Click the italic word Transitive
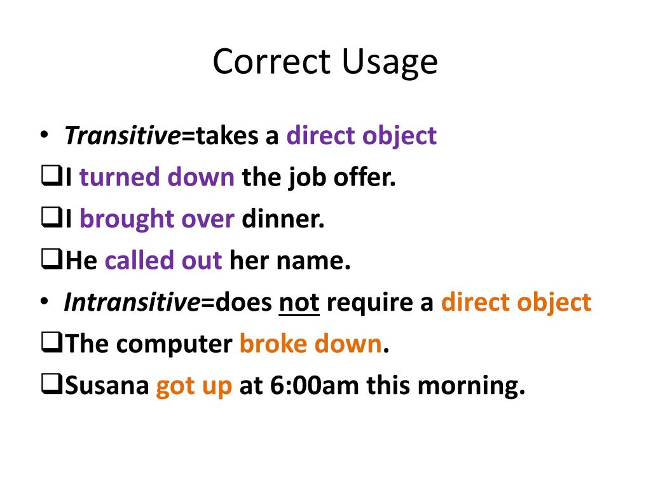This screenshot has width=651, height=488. [122, 136]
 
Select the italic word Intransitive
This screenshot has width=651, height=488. [132, 302]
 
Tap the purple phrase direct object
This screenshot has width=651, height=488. [361, 136]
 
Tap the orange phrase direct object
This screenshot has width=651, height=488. [516, 302]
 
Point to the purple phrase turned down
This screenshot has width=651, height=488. [157, 177]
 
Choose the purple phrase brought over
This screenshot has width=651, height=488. [157, 219]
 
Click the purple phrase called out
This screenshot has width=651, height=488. [163, 261]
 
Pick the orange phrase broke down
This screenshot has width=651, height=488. [310, 344]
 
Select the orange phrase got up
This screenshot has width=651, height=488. [194, 386]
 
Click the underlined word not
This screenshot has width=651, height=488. [299, 302]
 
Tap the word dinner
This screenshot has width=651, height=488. [283, 219]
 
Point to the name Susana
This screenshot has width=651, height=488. [107, 386]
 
